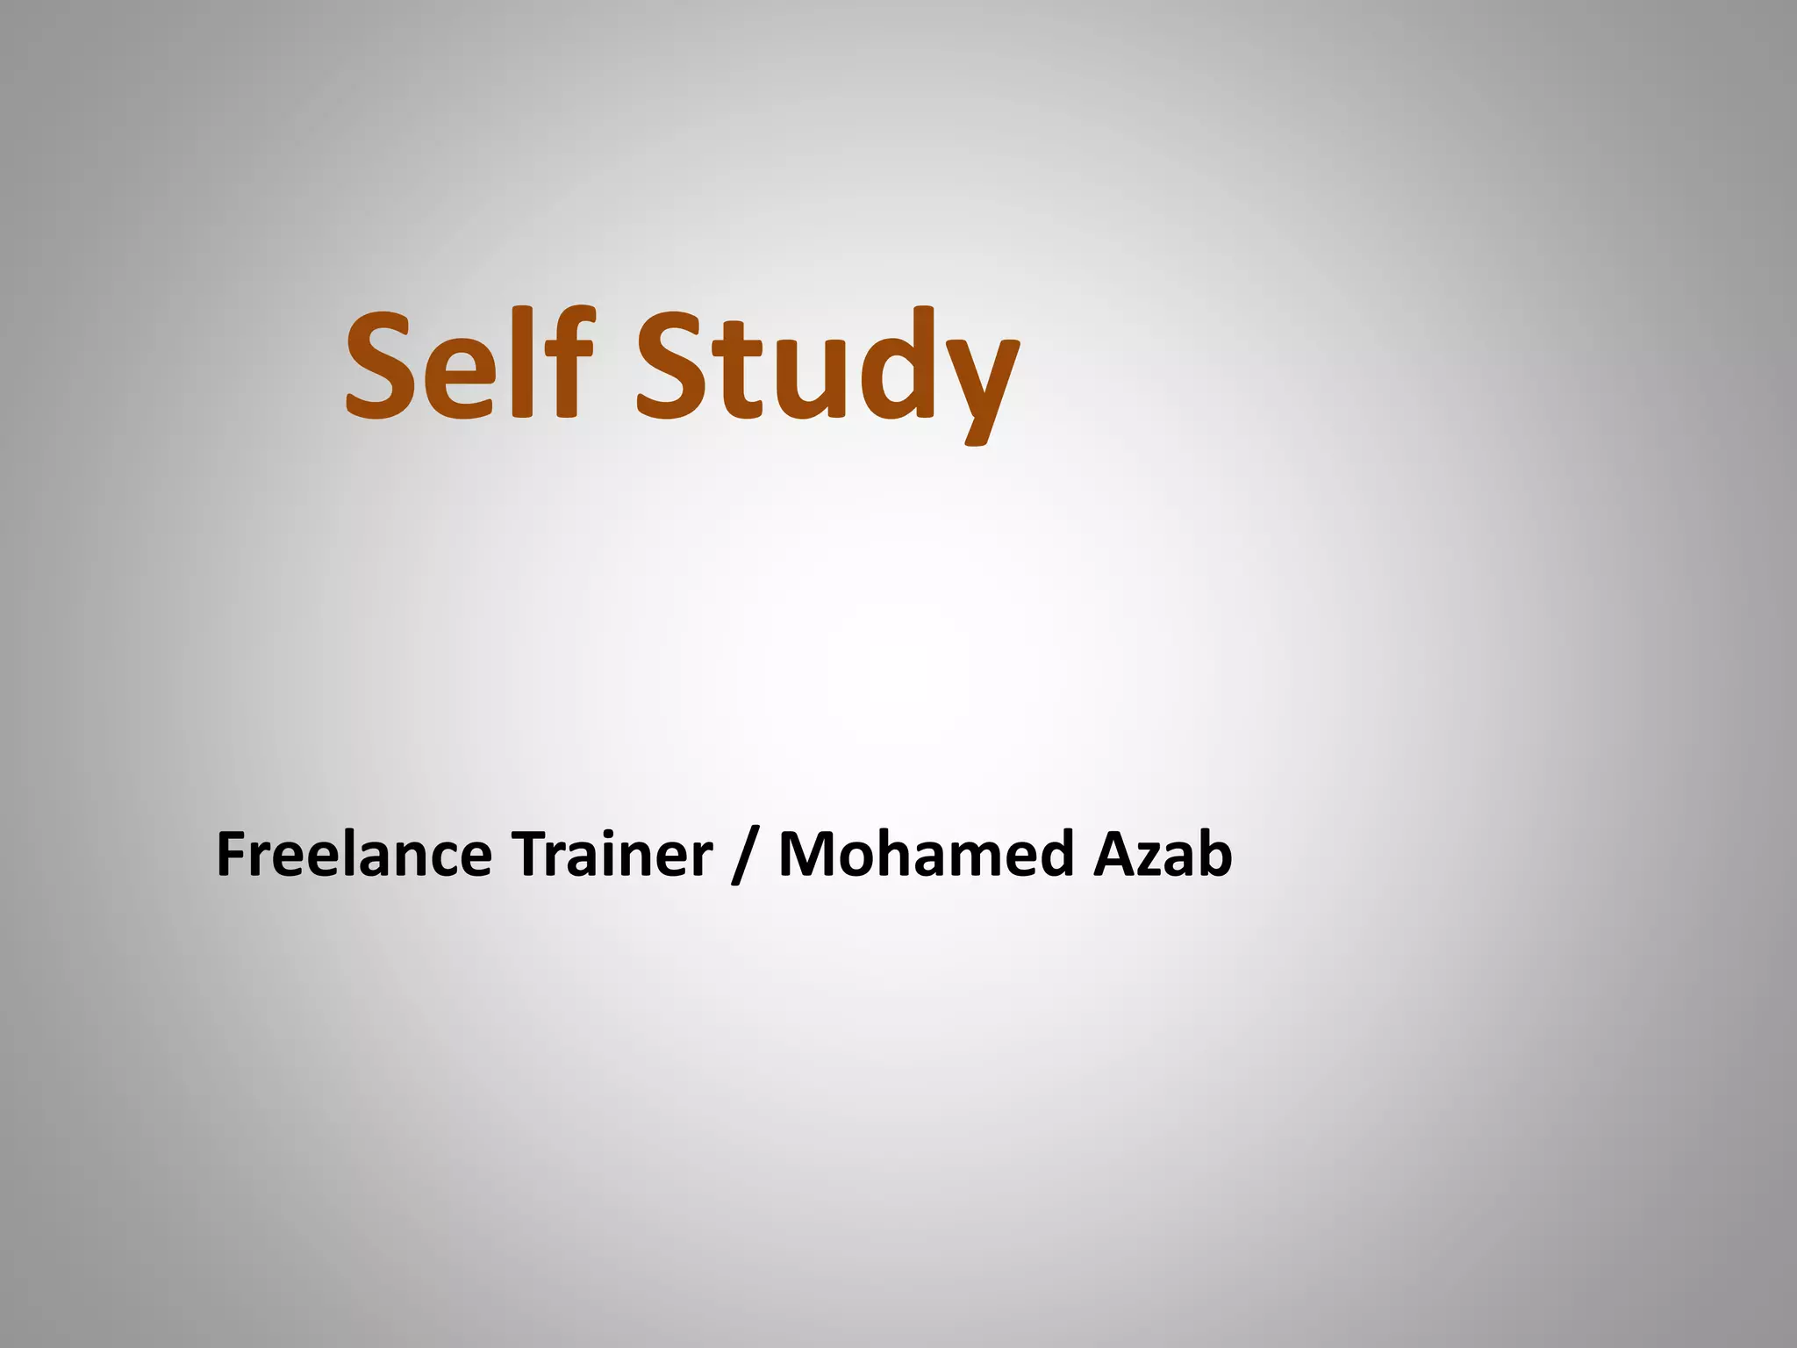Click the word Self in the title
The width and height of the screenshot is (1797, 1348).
coord(469,364)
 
